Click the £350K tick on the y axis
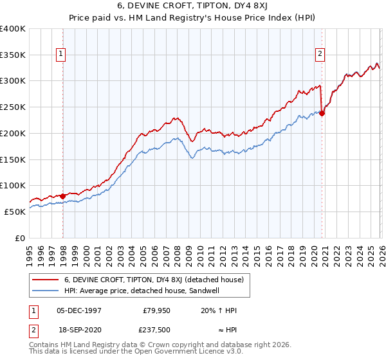[x=13, y=55]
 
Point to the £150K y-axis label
[x=13, y=159]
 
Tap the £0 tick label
[x=19, y=238]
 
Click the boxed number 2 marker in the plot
[x=320, y=55]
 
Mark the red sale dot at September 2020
[x=322, y=114]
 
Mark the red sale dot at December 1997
[x=63, y=196]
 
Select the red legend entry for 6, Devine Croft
[x=154, y=280]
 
